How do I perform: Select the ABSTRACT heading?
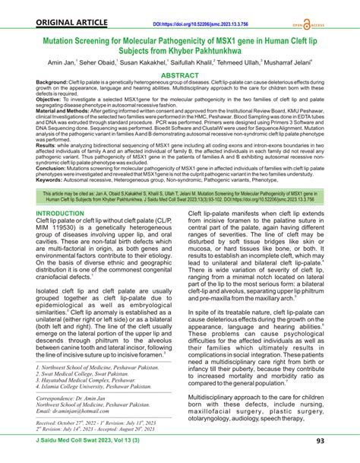179,77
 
